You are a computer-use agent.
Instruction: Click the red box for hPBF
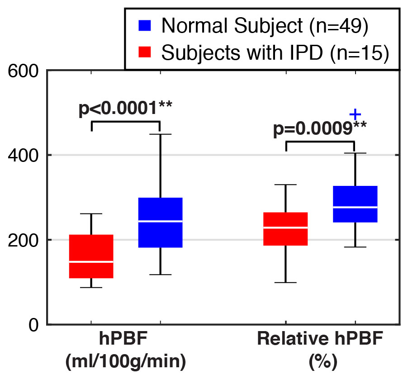(x=91, y=256)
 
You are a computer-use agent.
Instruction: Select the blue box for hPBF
(x=160, y=223)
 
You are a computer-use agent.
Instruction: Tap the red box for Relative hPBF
(x=286, y=229)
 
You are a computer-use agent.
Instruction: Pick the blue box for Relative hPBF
(x=355, y=204)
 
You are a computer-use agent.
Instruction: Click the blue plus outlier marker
(x=356, y=114)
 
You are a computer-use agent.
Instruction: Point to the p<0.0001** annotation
(x=126, y=109)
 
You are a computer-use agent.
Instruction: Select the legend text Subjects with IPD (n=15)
(x=275, y=53)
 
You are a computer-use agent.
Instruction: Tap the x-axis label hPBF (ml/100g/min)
(x=126, y=351)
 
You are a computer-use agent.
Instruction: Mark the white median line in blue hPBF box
(x=160, y=221)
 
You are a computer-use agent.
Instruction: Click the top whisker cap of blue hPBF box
(x=160, y=134)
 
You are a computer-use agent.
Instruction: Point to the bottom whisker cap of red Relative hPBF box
(x=286, y=282)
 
